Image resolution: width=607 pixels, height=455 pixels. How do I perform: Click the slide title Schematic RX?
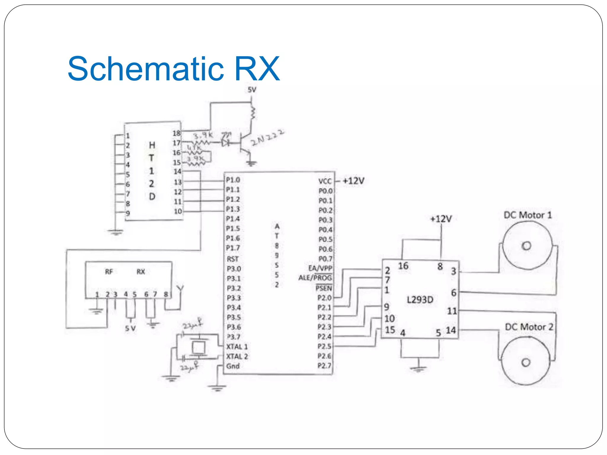[174, 69]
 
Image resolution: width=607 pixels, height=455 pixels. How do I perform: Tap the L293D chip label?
[420, 300]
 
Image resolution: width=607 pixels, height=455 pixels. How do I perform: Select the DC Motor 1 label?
[528, 215]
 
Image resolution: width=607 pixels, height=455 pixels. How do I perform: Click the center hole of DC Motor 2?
[526, 363]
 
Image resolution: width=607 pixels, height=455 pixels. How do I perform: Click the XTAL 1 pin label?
[237, 347]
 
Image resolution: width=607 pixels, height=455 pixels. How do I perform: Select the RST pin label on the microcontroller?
[233, 259]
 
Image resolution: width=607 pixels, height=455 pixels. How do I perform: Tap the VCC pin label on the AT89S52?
[325, 181]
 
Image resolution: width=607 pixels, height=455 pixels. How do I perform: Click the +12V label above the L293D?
[441, 219]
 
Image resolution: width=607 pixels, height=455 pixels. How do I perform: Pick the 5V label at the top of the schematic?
[252, 90]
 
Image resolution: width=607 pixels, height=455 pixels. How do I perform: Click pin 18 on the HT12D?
[177, 133]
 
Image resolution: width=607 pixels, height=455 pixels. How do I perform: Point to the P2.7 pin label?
[324, 366]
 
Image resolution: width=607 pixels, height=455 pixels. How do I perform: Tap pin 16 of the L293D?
[403, 266]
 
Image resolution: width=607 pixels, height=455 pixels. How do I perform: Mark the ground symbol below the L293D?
[418, 369]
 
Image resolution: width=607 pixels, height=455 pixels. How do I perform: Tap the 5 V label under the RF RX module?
[130, 329]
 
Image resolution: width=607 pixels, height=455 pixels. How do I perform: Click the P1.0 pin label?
[233, 180]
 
